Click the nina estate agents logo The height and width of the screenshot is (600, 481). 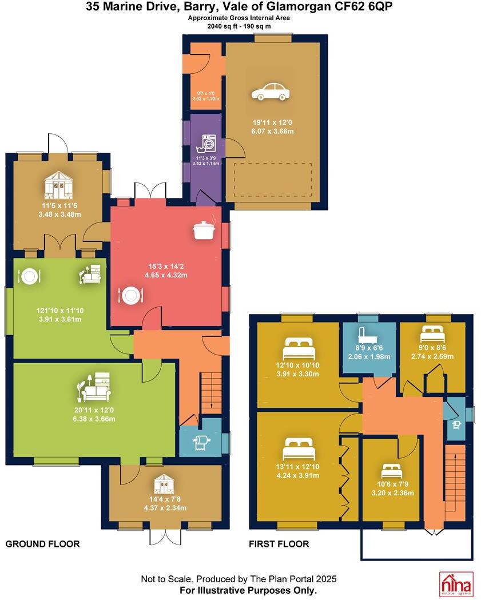[456, 583]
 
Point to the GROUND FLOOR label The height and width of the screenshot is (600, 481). [42, 543]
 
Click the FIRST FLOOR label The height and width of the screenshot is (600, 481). [279, 544]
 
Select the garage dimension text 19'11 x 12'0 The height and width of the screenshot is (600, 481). [273, 122]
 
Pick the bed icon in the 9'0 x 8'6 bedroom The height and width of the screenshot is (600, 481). [433, 332]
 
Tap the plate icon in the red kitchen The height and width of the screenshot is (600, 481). [131, 295]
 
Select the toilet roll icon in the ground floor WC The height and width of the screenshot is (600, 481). [202, 442]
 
